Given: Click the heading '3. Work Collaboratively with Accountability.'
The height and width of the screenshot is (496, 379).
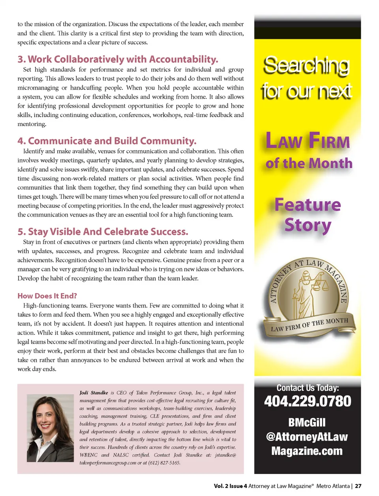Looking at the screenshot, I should (117, 59).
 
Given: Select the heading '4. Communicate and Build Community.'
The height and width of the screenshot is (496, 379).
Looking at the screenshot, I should (107, 141).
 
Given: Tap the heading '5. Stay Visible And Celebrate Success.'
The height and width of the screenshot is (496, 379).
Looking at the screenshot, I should (103, 232).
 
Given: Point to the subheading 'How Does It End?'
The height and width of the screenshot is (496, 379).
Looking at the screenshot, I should (47, 296).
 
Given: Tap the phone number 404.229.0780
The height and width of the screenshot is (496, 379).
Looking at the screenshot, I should (308, 401).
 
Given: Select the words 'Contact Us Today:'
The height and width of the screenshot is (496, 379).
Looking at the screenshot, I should (308, 388).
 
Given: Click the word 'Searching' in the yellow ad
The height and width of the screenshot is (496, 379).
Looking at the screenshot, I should (306, 66).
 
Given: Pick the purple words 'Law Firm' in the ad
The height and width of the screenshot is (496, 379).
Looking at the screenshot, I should (308, 141).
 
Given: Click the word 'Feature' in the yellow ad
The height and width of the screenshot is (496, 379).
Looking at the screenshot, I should (308, 205).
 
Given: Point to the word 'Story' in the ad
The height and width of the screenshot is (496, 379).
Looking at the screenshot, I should (308, 225).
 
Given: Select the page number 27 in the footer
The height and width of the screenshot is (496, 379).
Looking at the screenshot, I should (358, 486).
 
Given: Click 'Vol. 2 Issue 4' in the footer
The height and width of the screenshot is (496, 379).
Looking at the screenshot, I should (230, 486).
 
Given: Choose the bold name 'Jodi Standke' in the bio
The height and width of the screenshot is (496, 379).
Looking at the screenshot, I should (94, 393).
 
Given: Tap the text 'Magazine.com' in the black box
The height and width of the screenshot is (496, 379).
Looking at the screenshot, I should (307, 451).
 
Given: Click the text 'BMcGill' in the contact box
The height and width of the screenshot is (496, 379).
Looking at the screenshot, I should (307, 422).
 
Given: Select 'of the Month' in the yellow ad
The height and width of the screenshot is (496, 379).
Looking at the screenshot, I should (309, 163).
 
